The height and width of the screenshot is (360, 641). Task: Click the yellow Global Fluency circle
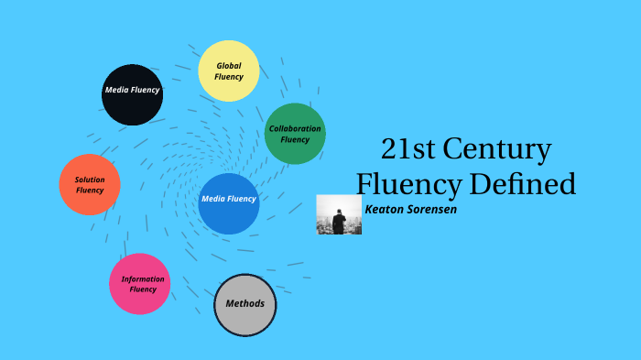tap(229, 71)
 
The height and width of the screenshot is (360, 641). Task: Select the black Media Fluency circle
tap(132, 94)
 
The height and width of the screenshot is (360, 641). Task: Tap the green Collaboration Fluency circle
tap(295, 134)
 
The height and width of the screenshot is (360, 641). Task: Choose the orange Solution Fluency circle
tap(90, 185)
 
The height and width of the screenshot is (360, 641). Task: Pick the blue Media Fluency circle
tap(229, 203)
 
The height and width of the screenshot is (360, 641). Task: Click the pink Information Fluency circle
tap(139, 284)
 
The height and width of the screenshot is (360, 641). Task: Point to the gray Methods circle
tap(244, 304)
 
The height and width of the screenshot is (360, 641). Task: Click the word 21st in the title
tap(406, 149)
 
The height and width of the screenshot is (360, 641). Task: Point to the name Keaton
tap(388, 209)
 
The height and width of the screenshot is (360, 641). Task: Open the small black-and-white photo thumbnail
tap(339, 214)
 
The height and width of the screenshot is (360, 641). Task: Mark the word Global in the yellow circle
tap(229, 66)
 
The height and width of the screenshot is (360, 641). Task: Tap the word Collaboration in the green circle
tap(295, 128)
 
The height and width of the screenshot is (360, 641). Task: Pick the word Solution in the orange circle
tap(90, 180)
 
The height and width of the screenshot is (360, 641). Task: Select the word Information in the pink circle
tap(143, 278)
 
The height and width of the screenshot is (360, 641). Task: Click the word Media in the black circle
tap(116, 91)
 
